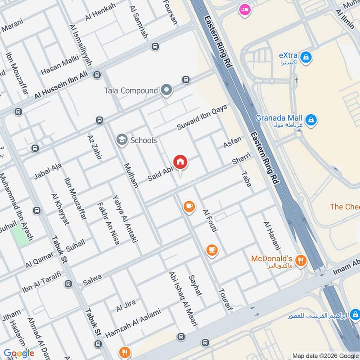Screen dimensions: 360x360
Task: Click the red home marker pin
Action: pos(180,162)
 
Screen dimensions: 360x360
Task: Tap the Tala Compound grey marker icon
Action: pos(167,90)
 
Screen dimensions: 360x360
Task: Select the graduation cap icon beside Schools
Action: pos(121,140)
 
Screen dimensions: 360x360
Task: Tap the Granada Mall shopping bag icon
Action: pos(310,120)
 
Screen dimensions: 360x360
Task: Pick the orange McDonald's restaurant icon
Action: pos(301,260)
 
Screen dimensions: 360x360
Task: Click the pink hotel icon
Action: pos(245,9)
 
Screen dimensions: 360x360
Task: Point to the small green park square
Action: pos(19,235)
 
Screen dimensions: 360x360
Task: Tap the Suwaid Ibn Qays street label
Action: pos(202,117)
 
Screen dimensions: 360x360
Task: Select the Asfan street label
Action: pos(233,143)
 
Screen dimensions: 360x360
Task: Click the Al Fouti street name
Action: pos(210,220)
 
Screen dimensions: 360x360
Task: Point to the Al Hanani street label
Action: pos(272,235)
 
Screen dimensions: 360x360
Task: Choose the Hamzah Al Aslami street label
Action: pos(133,323)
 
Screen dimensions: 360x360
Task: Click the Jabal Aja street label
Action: pos(48,171)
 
